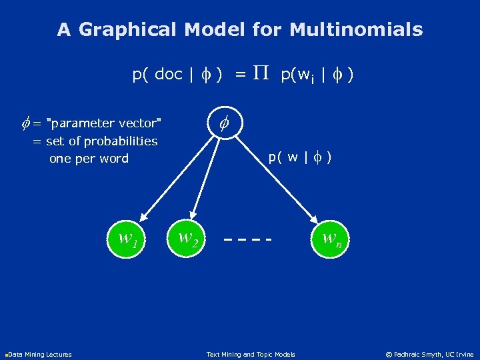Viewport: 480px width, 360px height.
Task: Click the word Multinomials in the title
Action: point(357,30)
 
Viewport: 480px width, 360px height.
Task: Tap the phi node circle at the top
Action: point(225,123)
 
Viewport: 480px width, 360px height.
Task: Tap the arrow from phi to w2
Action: point(207,177)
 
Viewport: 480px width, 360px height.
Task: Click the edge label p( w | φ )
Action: point(301,158)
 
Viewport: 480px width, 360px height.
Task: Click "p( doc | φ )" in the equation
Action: point(177,75)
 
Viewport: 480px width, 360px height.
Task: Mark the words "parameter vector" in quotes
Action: point(106,123)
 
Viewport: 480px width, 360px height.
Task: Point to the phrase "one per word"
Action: point(89,159)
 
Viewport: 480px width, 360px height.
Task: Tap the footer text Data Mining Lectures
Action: point(39,355)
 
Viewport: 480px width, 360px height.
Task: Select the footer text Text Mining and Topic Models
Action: point(250,355)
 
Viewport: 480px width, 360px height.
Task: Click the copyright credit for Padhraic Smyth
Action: point(431,355)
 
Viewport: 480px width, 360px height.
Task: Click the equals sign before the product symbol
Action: point(240,75)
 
